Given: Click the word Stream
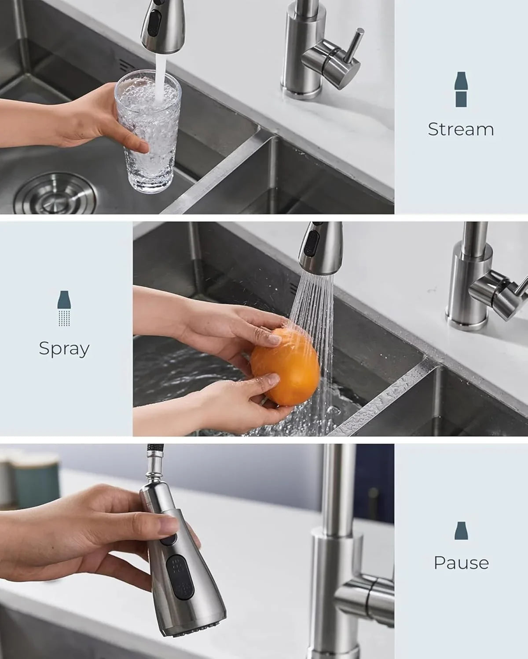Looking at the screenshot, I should (x=461, y=129).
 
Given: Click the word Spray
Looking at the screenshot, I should (x=64, y=348).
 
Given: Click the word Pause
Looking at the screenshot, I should (x=461, y=563).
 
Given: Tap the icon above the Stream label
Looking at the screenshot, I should (x=461, y=90).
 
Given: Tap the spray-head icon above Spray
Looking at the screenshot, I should (x=65, y=308).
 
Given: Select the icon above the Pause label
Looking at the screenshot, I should (x=461, y=531).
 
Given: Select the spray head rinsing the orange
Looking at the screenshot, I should (x=320, y=246).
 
